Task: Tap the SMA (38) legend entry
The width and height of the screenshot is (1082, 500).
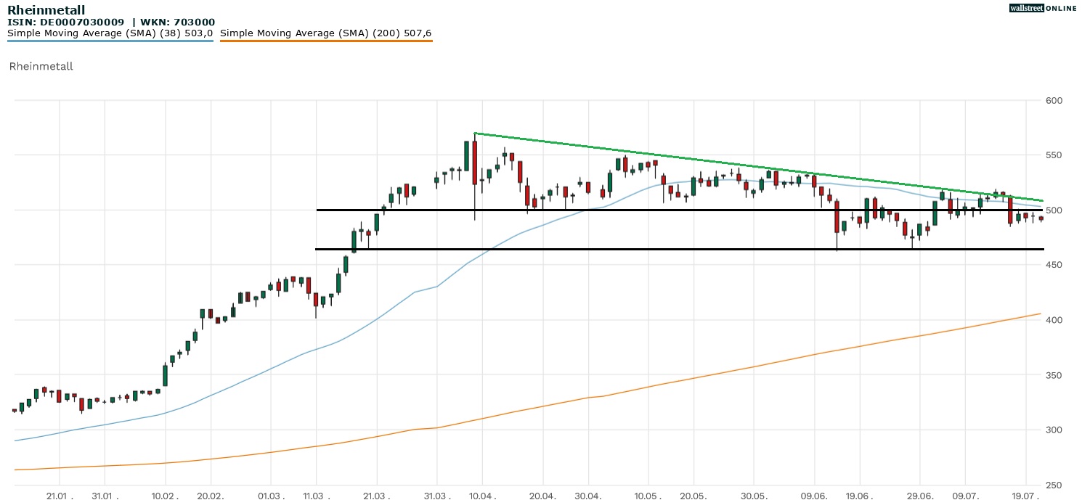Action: coord(110,33)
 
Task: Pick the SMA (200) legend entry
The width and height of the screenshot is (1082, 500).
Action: coord(325,33)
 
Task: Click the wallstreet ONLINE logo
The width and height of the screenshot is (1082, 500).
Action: coord(1043,8)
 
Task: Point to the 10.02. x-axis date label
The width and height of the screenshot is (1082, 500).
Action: coord(166,495)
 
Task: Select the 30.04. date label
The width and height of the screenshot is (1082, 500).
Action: coord(588,495)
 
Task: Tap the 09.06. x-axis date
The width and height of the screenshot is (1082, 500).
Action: coord(815,495)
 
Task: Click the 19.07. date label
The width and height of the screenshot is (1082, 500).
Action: coord(1025,495)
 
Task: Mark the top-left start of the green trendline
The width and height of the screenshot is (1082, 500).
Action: coord(474,134)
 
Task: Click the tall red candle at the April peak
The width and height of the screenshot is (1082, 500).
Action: coord(474,163)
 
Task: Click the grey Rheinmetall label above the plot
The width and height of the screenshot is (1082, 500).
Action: coord(41,67)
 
